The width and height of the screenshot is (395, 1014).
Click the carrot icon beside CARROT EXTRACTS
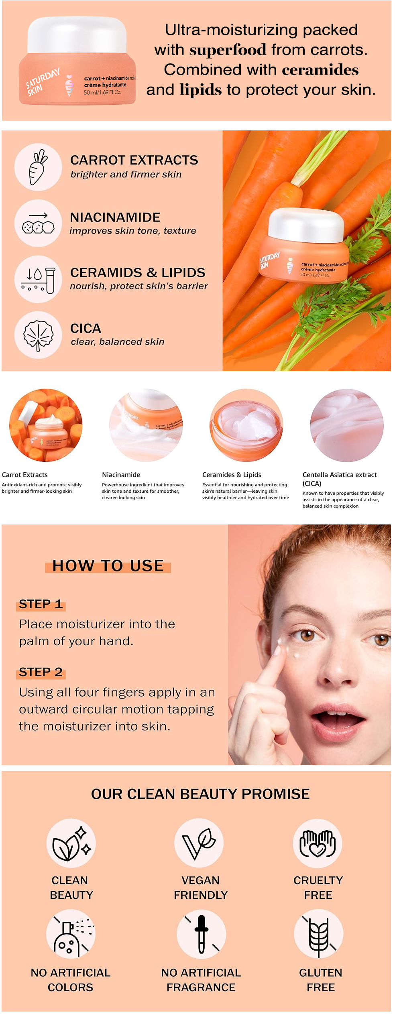[38, 167]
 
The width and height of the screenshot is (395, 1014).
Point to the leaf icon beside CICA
[38, 335]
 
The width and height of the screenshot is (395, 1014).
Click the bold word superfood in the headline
[228, 50]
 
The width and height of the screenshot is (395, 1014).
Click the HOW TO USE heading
[108, 566]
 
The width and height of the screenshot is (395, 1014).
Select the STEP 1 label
[41, 604]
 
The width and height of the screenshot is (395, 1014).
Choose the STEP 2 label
[41, 672]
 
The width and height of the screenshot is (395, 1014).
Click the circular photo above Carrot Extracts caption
[46, 425]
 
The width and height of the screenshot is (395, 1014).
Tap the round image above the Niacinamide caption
[146, 425]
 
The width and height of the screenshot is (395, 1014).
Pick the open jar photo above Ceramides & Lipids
[246, 425]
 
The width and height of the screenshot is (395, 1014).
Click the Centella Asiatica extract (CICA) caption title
[340, 479]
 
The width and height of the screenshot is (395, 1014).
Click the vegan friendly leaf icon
[199, 843]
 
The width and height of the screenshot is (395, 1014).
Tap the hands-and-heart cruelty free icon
[318, 843]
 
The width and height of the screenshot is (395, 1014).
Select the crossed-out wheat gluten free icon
[319, 934]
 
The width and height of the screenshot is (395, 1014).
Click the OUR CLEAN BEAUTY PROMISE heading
[200, 794]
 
